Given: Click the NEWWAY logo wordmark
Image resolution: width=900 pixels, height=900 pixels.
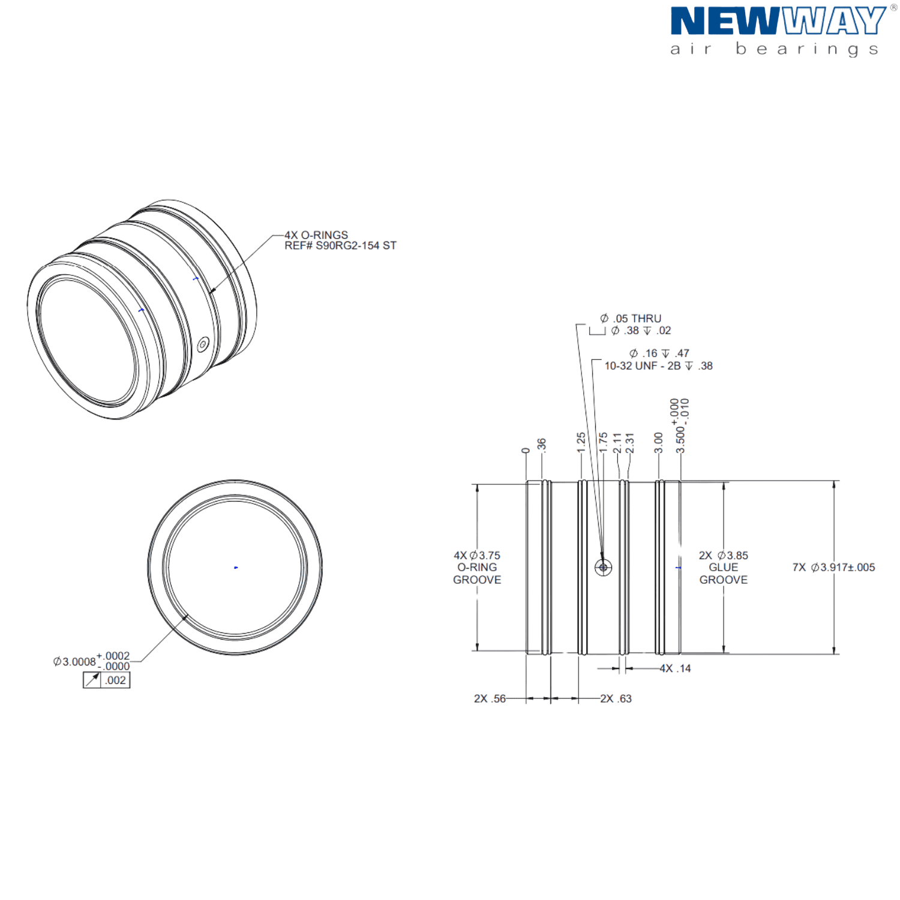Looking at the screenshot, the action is (x=778, y=21).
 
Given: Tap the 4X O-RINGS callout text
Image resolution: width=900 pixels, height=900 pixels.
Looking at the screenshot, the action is (x=316, y=235).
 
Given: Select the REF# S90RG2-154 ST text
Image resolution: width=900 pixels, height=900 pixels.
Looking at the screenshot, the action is (x=340, y=245).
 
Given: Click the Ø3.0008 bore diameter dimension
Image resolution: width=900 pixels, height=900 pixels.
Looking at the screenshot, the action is (x=91, y=661).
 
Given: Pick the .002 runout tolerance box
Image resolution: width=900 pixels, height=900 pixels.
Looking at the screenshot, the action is (x=107, y=680).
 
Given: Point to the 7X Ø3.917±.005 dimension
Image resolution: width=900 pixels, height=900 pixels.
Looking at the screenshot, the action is (x=833, y=568).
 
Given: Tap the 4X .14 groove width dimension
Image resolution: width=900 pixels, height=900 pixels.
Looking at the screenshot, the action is (x=676, y=668).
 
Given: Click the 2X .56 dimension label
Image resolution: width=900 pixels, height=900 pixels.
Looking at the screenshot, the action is (x=490, y=698).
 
